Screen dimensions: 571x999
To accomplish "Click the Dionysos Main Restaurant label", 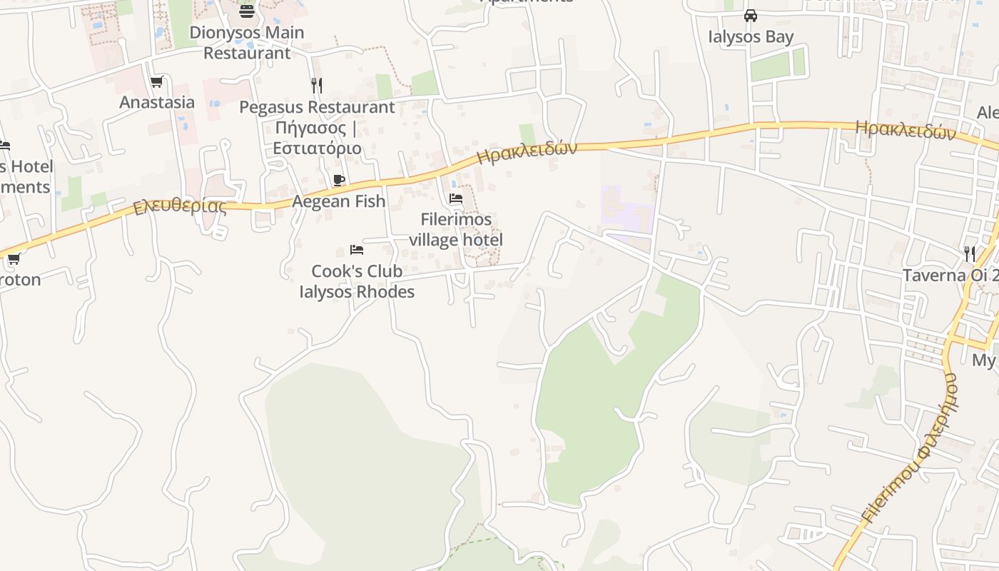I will (247, 43).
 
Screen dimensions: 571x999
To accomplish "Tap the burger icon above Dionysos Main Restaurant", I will (247, 11).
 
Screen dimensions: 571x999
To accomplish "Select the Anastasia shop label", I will (157, 102).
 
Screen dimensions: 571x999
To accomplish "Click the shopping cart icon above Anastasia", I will (157, 82).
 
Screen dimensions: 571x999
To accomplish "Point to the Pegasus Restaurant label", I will (317, 108).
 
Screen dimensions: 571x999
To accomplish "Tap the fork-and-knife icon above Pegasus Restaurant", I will (317, 86).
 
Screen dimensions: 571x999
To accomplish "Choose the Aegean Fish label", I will (339, 201).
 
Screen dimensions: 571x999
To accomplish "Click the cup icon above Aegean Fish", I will (339, 180).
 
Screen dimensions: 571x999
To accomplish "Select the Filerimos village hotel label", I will (456, 229).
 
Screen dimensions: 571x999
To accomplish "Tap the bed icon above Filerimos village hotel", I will (456, 198).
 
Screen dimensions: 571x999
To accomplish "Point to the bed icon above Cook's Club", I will (357, 250).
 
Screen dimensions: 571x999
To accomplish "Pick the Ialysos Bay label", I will (751, 36).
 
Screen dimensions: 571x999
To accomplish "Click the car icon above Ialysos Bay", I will (751, 16).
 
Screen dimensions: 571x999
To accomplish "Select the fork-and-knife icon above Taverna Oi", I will (969, 253).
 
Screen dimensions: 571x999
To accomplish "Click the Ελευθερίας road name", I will (180, 208).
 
